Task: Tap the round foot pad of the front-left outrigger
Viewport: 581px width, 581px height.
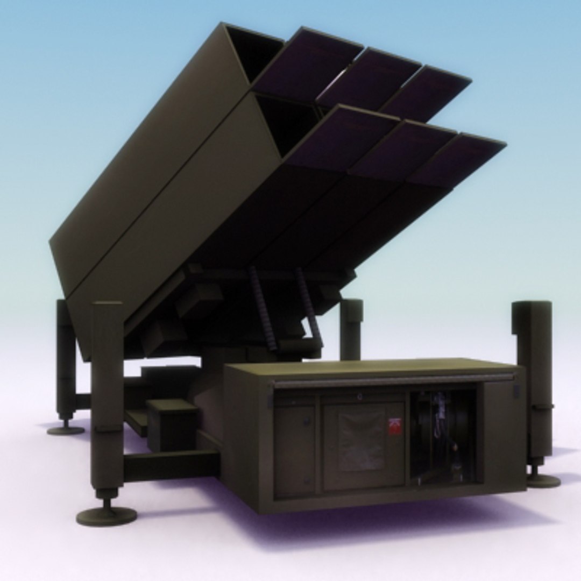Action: point(106,516)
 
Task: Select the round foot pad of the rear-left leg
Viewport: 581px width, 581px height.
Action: point(66,429)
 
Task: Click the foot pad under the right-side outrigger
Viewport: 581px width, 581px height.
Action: point(543,480)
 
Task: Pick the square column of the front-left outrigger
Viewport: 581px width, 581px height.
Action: point(107,393)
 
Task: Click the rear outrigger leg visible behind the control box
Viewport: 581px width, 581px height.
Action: point(351,328)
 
